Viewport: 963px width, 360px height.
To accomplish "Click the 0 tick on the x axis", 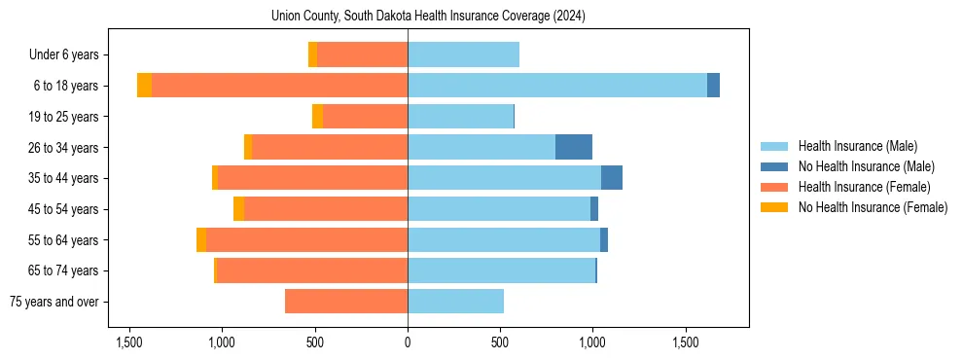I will tap(408, 343).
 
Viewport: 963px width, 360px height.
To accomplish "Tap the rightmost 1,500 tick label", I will tap(685, 343).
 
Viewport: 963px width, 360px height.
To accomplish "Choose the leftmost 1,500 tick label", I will tap(129, 343).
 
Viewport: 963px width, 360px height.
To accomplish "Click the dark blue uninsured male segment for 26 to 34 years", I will tap(574, 147).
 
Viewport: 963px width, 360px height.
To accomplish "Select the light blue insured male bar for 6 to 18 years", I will tap(556, 86).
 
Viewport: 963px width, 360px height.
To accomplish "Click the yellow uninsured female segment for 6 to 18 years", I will tap(144, 86).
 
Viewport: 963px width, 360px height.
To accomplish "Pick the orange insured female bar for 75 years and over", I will tap(346, 302).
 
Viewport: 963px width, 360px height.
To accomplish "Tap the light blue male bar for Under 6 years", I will tap(463, 55).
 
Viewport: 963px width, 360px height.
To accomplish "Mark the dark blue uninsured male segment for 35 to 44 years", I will tap(612, 178).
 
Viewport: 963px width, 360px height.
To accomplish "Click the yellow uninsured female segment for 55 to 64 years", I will tap(201, 239).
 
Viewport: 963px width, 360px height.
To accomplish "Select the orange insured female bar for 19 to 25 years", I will tap(365, 117).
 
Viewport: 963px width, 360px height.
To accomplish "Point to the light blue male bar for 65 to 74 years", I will tap(501, 270).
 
